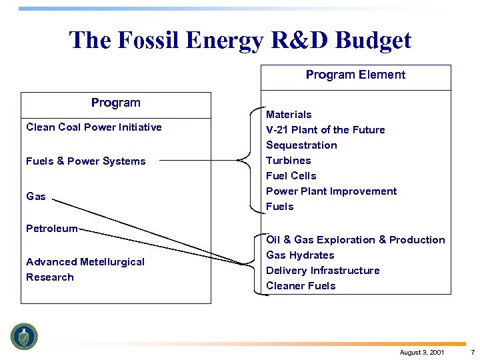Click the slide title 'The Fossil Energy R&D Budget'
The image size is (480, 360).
[240, 40]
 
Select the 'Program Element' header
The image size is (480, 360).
[355, 75]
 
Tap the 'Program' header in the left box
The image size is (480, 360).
[115, 103]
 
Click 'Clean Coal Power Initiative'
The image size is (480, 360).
[93, 127]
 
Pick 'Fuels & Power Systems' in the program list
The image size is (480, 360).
[85, 161]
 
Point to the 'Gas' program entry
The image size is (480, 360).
[36, 196]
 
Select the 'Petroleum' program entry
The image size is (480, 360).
[51, 229]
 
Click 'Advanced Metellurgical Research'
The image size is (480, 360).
[85, 269]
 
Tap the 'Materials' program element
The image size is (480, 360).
[289, 115]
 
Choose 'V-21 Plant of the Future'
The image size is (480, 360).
[325, 130]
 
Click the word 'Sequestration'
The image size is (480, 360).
[301, 145]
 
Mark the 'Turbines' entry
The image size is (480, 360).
[288, 161]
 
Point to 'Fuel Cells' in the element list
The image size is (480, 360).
[291, 176]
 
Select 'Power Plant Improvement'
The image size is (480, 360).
[331, 191]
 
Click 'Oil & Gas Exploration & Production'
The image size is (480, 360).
[355, 240]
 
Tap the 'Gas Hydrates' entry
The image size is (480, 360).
[300, 255]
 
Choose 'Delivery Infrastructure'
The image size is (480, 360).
[323, 271]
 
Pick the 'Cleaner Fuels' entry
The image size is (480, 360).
[301, 286]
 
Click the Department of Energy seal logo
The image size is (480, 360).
[25, 336]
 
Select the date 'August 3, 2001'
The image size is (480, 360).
[421, 352]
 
